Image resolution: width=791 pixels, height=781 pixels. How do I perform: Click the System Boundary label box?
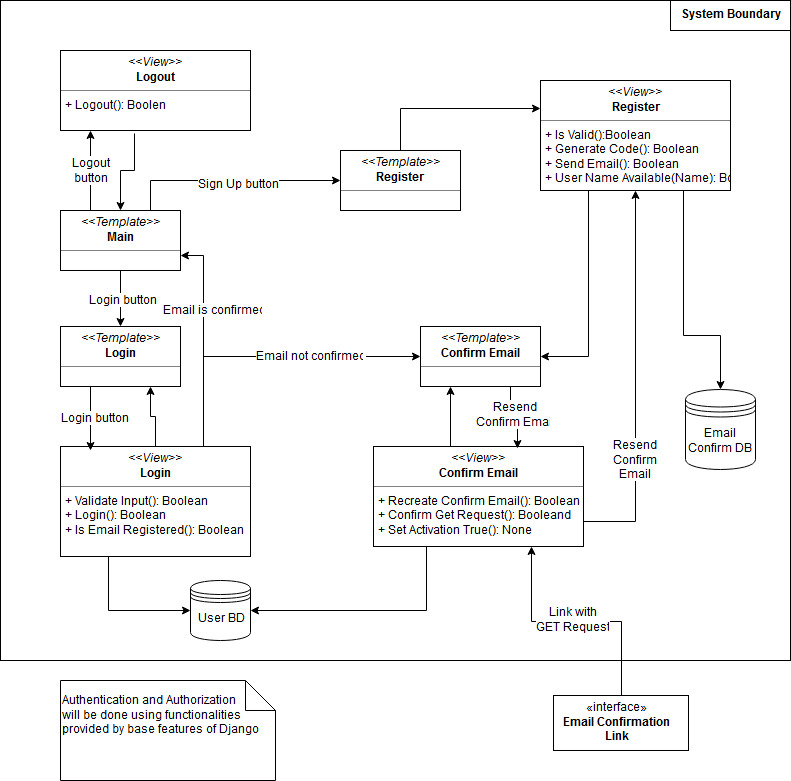[x=729, y=15]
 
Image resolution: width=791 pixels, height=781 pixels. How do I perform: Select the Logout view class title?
[x=155, y=77]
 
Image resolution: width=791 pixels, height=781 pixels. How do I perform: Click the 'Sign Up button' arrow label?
[x=238, y=183]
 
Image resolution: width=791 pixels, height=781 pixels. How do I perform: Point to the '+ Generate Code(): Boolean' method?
[x=622, y=149]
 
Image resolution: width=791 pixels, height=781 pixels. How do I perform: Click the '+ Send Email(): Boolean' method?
[x=612, y=164]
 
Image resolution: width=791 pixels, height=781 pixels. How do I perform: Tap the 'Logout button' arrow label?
[x=91, y=170]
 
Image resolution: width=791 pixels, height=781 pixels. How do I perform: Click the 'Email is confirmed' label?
[x=212, y=310]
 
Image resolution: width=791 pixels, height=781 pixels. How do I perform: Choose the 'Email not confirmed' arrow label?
[x=309, y=356]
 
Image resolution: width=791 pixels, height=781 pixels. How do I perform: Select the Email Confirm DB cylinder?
[x=720, y=431]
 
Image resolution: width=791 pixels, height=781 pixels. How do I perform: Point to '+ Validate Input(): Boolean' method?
[x=141, y=500]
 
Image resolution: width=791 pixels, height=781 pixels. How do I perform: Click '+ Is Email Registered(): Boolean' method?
[x=159, y=530]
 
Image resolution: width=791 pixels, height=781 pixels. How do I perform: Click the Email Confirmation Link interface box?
[x=622, y=722]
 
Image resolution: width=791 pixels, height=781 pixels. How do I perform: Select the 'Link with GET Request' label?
[x=572, y=619]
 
